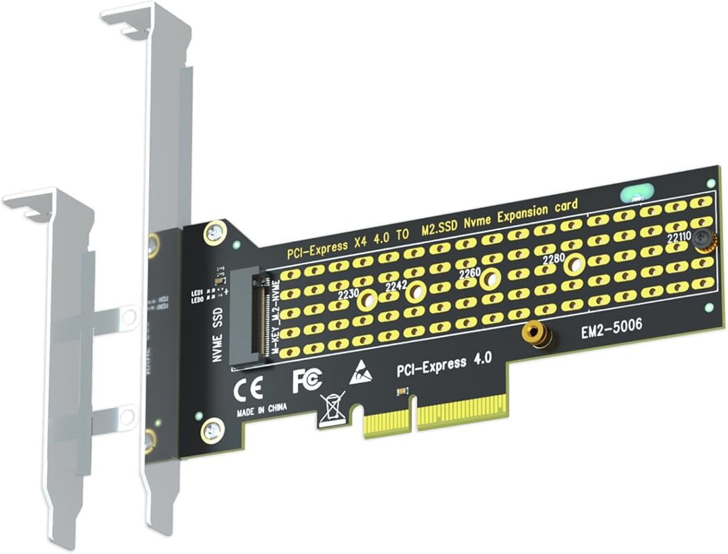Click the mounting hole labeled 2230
[x=367, y=299]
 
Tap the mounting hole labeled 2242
[x=416, y=292]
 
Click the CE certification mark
[x=248, y=389]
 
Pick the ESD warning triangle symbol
[x=360, y=373]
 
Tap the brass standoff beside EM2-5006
[x=538, y=334]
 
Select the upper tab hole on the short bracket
[x=128, y=317]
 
